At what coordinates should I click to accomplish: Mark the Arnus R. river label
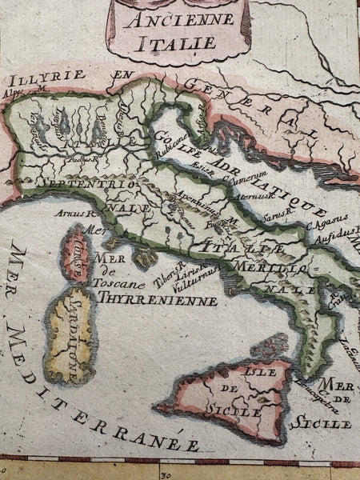tap(76, 214)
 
